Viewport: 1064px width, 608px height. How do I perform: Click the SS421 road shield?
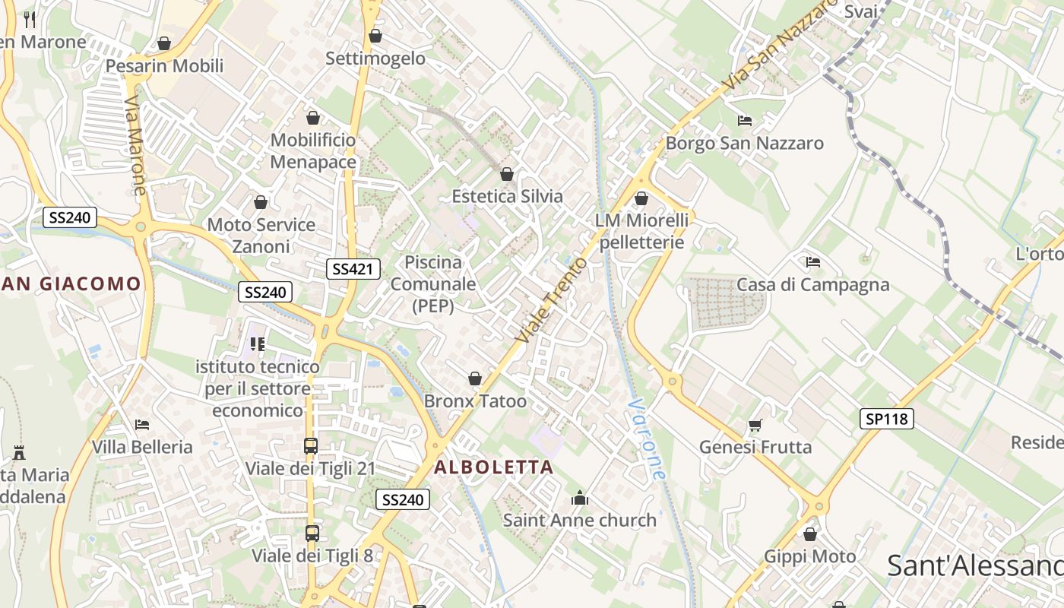pos(353,268)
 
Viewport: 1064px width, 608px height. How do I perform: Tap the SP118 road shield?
pos(887,419)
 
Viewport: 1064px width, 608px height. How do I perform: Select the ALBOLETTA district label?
pos(493,467)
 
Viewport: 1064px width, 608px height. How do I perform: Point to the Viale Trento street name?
pos(551,299)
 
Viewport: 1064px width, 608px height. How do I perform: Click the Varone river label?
pos(648,439)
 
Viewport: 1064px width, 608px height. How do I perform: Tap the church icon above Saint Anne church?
pos(580,499)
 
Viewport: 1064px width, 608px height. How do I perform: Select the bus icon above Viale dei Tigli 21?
pos(310,446)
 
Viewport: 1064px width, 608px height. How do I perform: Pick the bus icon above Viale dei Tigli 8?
pos(312,534)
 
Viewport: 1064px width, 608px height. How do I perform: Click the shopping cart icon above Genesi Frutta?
pos(755,425)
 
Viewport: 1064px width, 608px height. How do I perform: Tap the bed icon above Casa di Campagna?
pos(813,262)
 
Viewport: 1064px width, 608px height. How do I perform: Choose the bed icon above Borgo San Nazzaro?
pos(745,121)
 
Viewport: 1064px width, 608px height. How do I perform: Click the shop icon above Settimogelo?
pos(375,36)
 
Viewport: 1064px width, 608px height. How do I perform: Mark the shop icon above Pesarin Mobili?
pos(164,43)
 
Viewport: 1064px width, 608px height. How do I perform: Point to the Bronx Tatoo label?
pos(475,401)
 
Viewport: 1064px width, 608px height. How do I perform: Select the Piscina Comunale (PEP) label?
pos(433,284)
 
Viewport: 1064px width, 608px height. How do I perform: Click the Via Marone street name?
pos(135,145)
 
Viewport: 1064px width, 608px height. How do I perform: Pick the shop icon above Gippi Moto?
pos(810,534)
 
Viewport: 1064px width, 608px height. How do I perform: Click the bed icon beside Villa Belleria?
pos(141,424)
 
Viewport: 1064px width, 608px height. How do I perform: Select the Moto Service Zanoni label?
pos(261,236)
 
